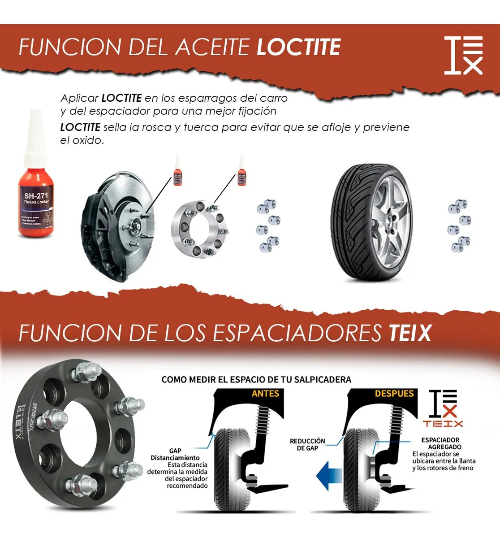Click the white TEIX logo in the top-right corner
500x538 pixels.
pos(463,56)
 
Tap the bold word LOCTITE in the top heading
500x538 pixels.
pos(298,47)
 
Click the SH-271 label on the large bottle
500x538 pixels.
pos(36,196)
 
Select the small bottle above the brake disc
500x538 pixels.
pos(178,172)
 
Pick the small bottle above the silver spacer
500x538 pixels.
pos(242,172)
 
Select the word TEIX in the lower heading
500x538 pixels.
pos(409,333)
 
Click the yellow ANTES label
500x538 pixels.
pos(265,394)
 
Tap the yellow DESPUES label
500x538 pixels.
pos(394,394)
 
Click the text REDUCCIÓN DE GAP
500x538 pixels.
pos(307,445)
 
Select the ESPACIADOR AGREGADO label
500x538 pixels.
pos(441,443)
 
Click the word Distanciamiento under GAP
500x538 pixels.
pos(175,458)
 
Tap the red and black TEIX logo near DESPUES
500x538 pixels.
pos(443,408)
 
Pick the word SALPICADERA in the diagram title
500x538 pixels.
pos(323,380)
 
